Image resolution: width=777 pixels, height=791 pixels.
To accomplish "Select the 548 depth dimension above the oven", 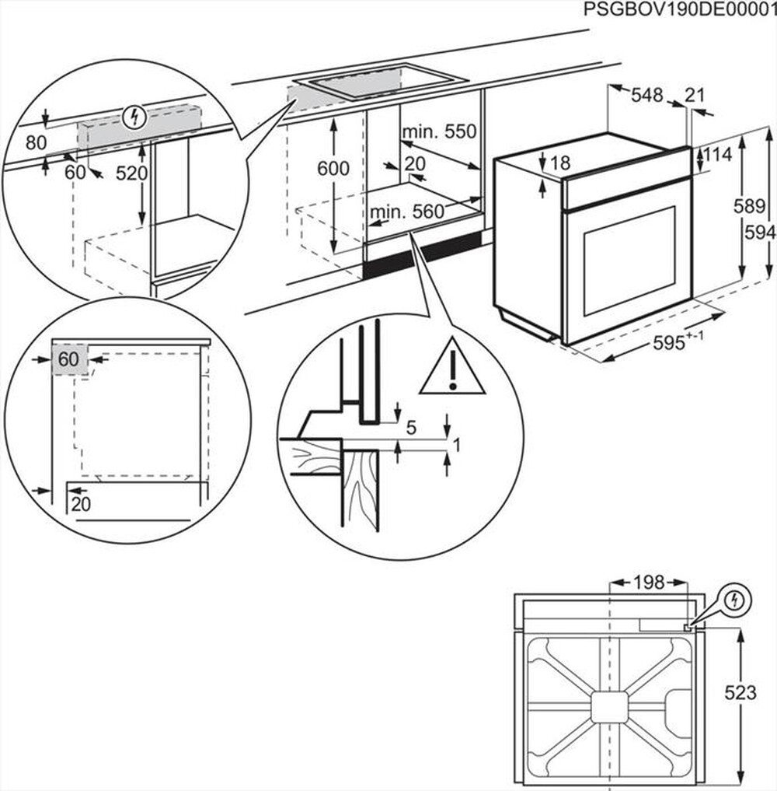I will pyautogui.click(x=646, y=95).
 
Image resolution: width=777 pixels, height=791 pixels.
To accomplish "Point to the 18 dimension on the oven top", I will pyautogui.click(x=559, y=163).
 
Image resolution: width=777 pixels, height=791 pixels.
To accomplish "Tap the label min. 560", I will pyautogui.click(x=406, y=211).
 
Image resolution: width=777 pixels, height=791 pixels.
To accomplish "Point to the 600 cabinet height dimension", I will pyautogui.click(x=333, y=168).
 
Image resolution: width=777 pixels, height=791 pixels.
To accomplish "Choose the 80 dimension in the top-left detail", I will pyautogui.click(x=36, y=143).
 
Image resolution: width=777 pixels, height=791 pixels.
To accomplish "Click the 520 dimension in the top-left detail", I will pyautogui.click(x=131, y=173).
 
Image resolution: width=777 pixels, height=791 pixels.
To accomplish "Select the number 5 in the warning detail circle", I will pyautogui.click(x=410, y=426).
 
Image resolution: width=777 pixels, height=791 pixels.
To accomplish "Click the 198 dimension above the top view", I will pyautogui.click(x=648, y=582).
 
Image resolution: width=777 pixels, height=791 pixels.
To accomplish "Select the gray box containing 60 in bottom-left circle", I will pyautogui.click(x=68, y=360).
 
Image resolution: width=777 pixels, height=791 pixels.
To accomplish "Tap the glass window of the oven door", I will pyautogui.click(x=626, y=261).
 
